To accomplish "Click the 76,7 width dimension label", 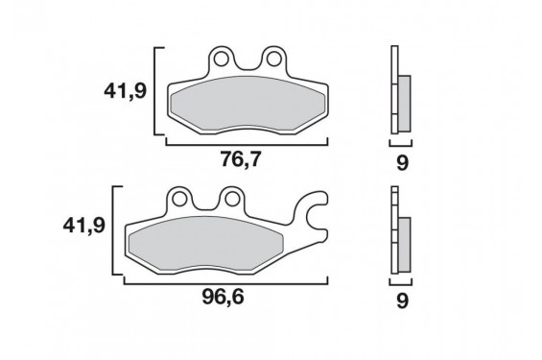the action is click(x=241, y=159).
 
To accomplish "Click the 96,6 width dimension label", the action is click(x=224, y=297).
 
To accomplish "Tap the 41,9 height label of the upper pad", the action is click(x=126, y=91).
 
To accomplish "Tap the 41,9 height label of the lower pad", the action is click(x=84, y=227).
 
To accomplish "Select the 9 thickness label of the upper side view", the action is click(x=402, y=162).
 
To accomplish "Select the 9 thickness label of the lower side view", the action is click(x=402, y=300).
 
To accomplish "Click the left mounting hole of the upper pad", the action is click(x=221, y=60).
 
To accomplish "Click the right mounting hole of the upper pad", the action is click(x=273, y=60).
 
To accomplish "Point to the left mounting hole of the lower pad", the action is click(x=179, y=199).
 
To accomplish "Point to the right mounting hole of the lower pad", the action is click(x=232, y=199).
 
